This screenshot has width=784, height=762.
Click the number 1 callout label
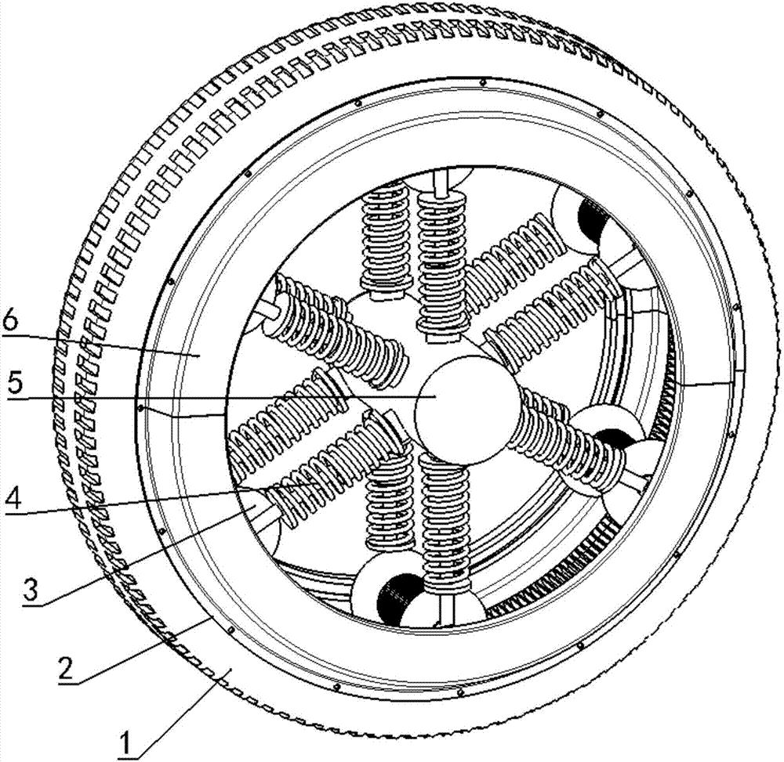point(128,741)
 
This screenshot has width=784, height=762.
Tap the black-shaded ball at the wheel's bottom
point(400,598)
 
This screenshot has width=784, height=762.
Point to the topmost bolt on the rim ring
point(482,82)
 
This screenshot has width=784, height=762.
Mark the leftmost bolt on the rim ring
point(140,407)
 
